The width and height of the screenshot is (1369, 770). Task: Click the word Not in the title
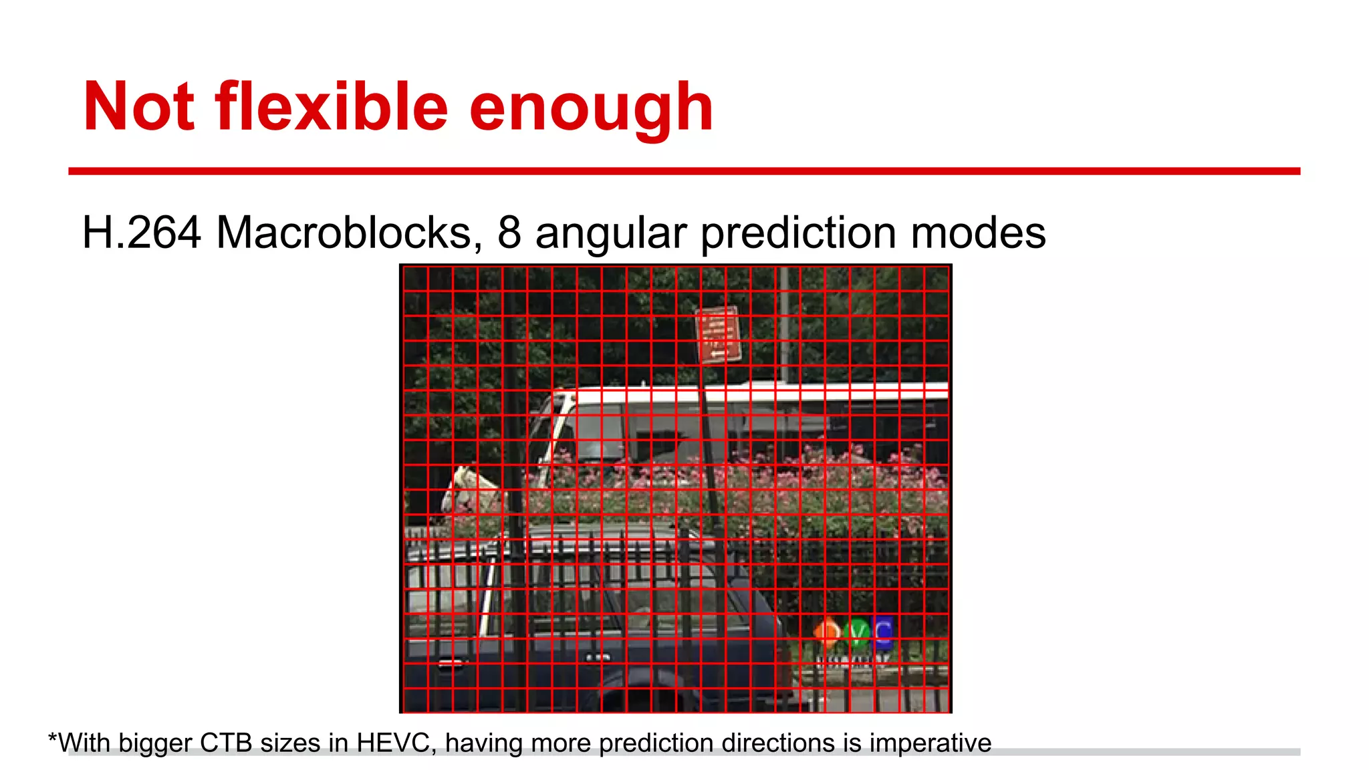point(139,107)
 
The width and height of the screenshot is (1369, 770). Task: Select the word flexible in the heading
point(332,107)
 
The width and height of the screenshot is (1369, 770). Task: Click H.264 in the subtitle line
point(142,233)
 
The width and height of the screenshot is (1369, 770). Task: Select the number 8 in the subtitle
point(509,233)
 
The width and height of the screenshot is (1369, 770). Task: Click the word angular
point(611,234)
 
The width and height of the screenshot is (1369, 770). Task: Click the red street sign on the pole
point(719,334)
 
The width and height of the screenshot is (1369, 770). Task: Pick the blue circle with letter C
point(883,632)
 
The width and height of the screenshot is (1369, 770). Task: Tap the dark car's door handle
point(450,663)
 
